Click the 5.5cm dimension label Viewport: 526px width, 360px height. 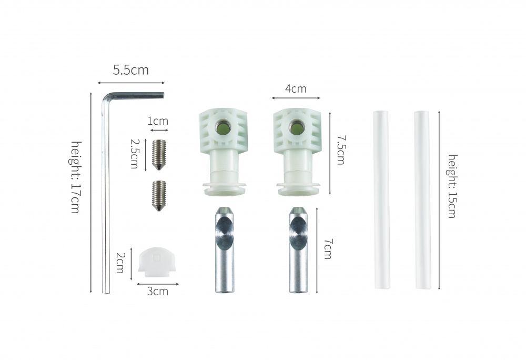pyautogui.click(x=130, y=70)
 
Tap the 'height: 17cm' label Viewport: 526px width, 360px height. pyautogui.click(x=76, y=177)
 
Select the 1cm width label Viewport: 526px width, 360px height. pyautogui.click(x=158, y=121)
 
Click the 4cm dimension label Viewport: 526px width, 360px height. pyautogui.click(x=296, y=88)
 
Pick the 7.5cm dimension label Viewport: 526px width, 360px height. pyautogui.click(x=340, y=150)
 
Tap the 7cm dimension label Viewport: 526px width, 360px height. pyautogui.click(x=328, y=249)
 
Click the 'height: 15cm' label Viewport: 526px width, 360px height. pyautogui.click(x=453, y=186)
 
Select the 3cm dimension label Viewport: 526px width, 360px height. pyautogui.click(x=158, y=291)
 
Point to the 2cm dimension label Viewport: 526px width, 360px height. pyautogui.click(x=120, y=263)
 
